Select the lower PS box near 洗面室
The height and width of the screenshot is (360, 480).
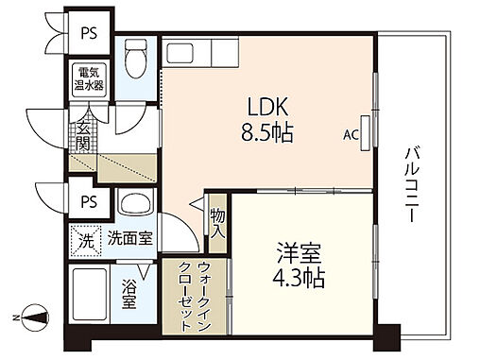(x=89, y=200)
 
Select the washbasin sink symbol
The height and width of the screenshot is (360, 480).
(x=134, y=205)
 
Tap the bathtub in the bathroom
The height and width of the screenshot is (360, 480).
(x=90, y=297)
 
